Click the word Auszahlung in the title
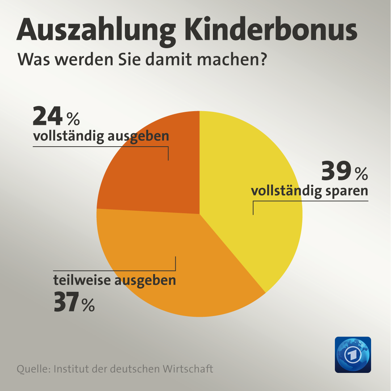click(96, 31)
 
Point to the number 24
click(47, 116)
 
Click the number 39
click(336, 171)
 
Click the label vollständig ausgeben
click(101, 136)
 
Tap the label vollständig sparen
click(310, 191)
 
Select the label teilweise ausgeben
click(115, 281)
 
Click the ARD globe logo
click(353, 354)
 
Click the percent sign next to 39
click(362, 173)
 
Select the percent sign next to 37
click(88, 305)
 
